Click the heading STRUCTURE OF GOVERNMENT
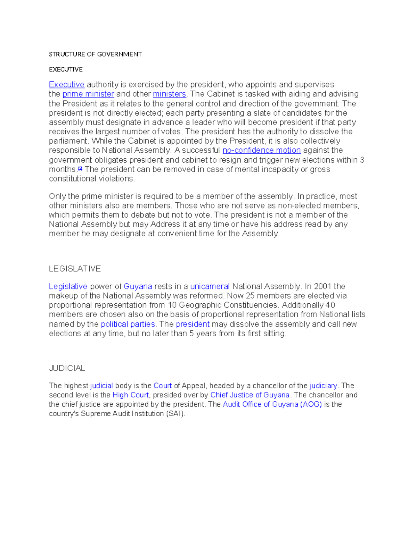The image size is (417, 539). click(95, 54)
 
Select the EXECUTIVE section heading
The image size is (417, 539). click(66, 69)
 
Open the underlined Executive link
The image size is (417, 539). click(67, 85)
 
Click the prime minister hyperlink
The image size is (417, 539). click(88, 94)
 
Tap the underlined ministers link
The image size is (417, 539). click(170, 94)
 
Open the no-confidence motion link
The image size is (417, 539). click(261, 150)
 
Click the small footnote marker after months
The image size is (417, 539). click(80, 169)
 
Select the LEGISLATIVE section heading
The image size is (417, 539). click(75, 269)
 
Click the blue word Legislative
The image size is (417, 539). click(68, 286)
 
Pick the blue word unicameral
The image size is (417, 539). click(210, 286)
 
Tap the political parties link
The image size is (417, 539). click(128, 324)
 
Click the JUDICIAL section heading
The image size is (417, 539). click(67, 368)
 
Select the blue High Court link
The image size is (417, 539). click(131, 395)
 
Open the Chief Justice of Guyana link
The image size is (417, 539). click(250, 395)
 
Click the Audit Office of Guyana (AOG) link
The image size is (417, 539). click(272, 404)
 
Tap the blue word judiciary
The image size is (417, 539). click(323, 386)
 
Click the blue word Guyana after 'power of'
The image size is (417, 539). click(138, 286)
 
